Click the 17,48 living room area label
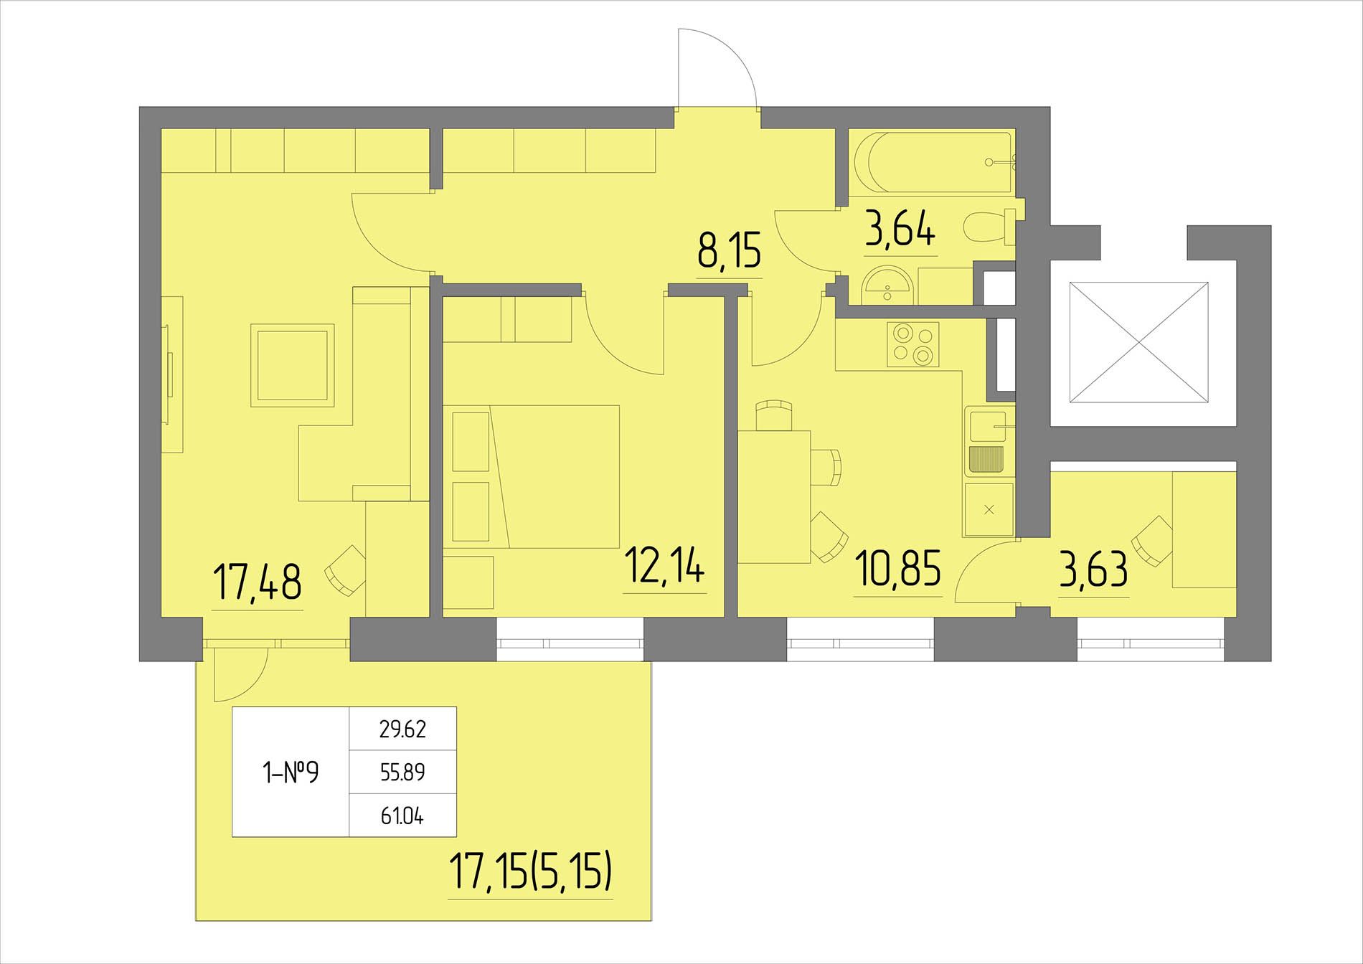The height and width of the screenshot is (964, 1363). [258, 581]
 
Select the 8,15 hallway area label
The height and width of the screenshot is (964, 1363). [729, 250]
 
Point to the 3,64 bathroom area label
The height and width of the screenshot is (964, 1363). [900, 228]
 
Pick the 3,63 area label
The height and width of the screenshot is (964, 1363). [1093, 570]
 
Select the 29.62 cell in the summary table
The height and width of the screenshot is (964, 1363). [402, 729]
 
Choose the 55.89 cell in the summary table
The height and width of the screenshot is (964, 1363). [402, 772]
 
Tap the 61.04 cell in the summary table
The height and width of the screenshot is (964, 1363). [402, 816]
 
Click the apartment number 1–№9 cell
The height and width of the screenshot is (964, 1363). [291, 772]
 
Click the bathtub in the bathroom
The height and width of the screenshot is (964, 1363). [931, 162]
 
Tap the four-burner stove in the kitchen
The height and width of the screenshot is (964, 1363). [913, 344]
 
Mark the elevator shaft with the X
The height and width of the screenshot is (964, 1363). [1138, 351]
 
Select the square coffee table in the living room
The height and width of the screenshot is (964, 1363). [293, 365]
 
